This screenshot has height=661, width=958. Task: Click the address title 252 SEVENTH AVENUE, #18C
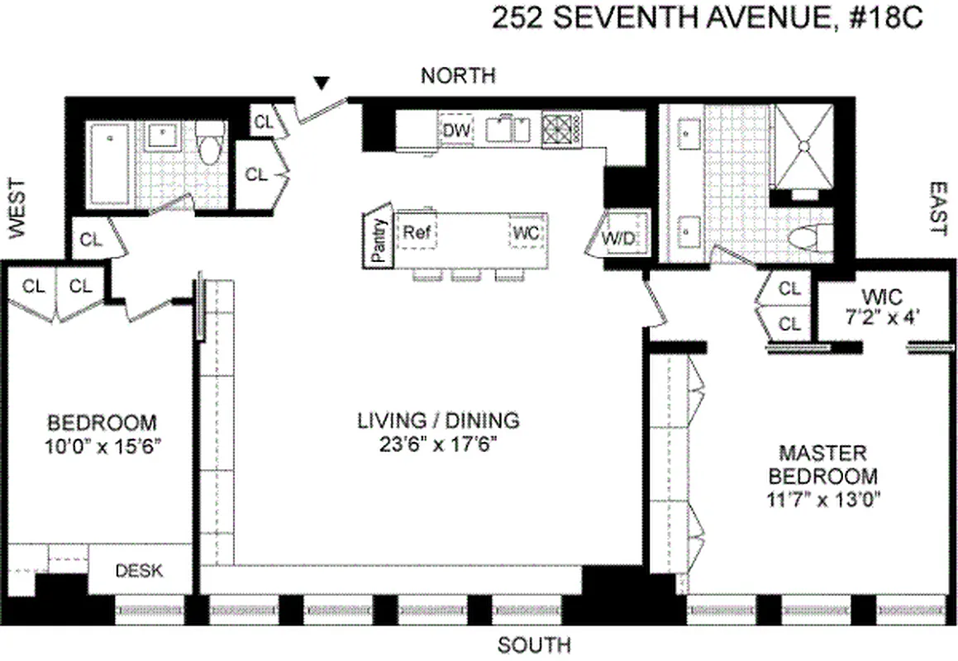coord(706,18)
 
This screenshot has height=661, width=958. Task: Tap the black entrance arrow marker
coord(322,82)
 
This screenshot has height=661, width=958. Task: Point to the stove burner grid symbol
coord(562,129)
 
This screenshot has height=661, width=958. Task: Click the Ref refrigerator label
coord(416,232)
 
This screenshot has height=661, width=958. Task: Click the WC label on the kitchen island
coord(526,233)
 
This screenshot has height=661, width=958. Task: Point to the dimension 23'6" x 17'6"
coord(438,442)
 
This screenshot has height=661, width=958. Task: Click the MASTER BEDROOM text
coord(823,465)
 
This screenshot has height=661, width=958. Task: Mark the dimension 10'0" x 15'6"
coord(102,445)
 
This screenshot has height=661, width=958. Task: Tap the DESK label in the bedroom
coord(139,570)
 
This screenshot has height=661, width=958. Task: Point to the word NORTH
coord(458,76)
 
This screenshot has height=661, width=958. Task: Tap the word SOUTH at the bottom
coord(534,644)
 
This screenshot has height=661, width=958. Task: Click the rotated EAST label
coord(937,209)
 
